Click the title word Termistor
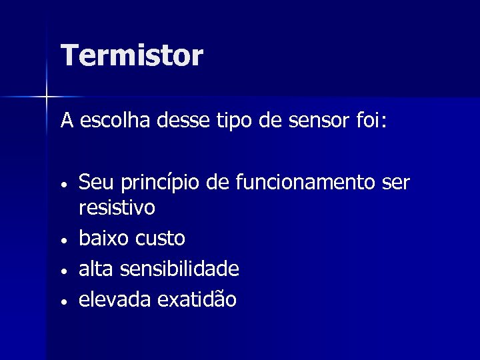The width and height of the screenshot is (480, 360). click(131, 55)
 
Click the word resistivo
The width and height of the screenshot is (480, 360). click(117, 208)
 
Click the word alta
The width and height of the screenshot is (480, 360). click(94, 269)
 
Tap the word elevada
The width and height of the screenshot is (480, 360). click(115, 299)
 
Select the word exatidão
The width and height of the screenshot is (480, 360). click(196, 299)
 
